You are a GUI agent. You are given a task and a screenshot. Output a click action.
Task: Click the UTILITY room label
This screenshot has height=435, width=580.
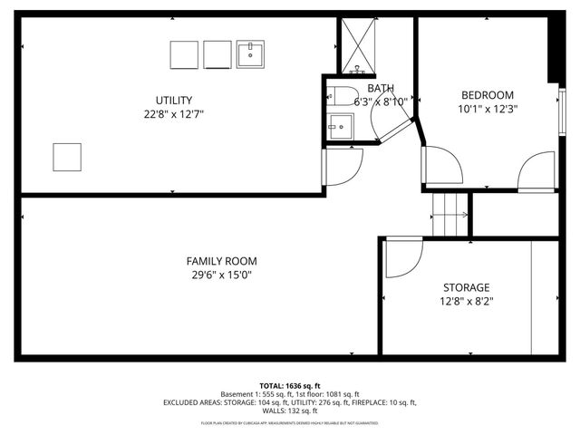(x=174, y=100)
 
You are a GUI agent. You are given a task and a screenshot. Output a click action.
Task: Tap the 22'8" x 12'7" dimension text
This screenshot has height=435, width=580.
(x=174, y=114)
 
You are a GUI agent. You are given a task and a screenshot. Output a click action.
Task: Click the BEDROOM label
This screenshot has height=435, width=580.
(x=488, y=94)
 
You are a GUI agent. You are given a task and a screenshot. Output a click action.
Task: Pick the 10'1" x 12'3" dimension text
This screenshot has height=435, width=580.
(x=488, y=109)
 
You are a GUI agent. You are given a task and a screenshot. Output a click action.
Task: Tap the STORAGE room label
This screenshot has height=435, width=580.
(x=466, y=286)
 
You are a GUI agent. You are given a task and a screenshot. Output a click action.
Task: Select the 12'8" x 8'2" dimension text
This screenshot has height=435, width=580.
(x=466, y=301)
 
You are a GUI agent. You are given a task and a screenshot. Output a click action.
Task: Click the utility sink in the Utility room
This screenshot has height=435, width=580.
(x=250, y=54)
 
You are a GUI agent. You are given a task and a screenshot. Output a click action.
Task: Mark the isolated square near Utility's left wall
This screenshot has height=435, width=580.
(x=67, y=157)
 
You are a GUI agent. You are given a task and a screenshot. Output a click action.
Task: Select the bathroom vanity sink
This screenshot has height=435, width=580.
(x=340, y=127)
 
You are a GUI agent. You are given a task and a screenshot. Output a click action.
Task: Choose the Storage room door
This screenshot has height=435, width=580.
(x=402, y=256)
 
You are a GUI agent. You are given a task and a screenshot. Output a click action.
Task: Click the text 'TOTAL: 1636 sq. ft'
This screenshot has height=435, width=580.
(x=290, y=385)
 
